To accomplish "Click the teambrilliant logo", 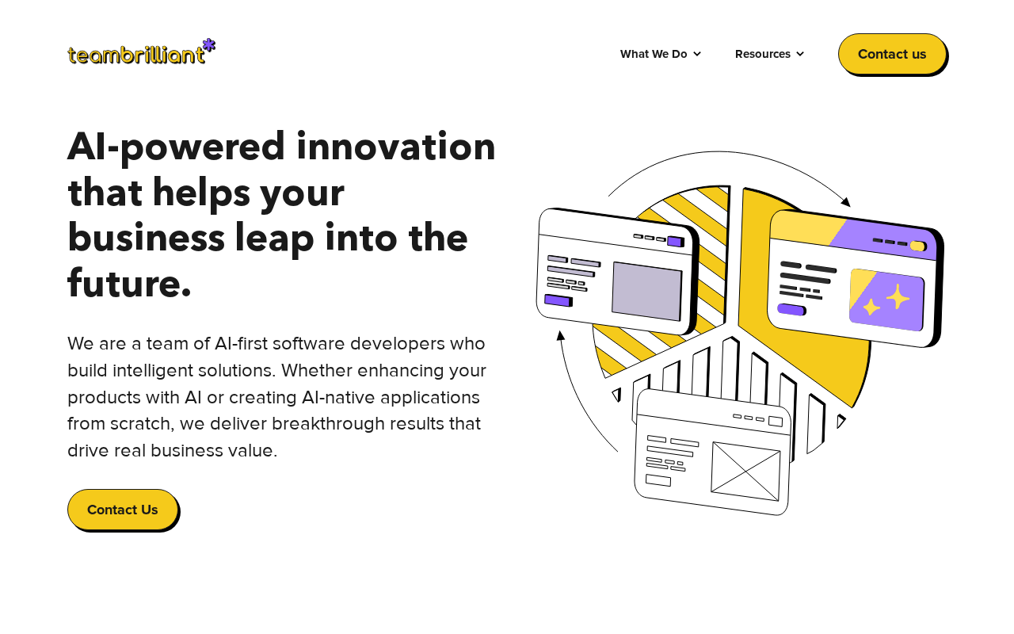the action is tap(141, 52).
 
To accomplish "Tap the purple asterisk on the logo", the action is tap(208, 45).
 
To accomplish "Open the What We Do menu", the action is tap(661, 54).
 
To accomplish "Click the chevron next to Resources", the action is tap(800, 54).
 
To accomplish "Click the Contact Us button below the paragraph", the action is tap(123, 510).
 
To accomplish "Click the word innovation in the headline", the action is tap(395, 147).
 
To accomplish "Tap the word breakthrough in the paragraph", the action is tap(328, 424).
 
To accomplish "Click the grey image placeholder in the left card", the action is tap(647, 292).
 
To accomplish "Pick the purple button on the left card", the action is tap(558, 300).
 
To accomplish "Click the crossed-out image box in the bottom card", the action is tap(745, 472).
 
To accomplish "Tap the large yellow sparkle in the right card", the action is tap(898, 297).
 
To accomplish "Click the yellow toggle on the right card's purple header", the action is tap(918, 246).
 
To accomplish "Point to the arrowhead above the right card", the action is tap(846, 201).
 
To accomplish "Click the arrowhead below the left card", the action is tap(560, 335).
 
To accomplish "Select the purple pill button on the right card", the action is tap(791, 310).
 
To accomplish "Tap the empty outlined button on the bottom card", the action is tap(658, 480).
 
